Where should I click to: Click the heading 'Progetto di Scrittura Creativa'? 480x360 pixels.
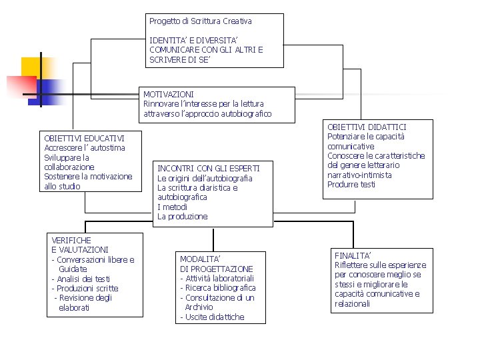click(x=200, y=21)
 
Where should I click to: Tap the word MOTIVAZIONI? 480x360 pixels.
click(x=169, y=94)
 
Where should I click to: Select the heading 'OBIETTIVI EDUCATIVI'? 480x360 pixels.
click(x=84, y=138)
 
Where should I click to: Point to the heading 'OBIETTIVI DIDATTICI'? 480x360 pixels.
click(x=367, y=127)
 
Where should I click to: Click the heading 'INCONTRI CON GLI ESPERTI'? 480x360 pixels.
click(x=208, y=169)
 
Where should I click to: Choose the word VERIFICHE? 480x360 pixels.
click(x=71, y=240)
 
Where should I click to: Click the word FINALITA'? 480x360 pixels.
click(x=353, y=255)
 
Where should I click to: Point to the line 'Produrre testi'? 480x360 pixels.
click(x=351, y=185)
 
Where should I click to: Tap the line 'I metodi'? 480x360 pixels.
click(x=172, y=207)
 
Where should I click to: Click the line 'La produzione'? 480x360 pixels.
click(x=182, y=217)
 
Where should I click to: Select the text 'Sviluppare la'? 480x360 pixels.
click(x=67, y=157)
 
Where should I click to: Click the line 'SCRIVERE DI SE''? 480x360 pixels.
click(x=179, y=59)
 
